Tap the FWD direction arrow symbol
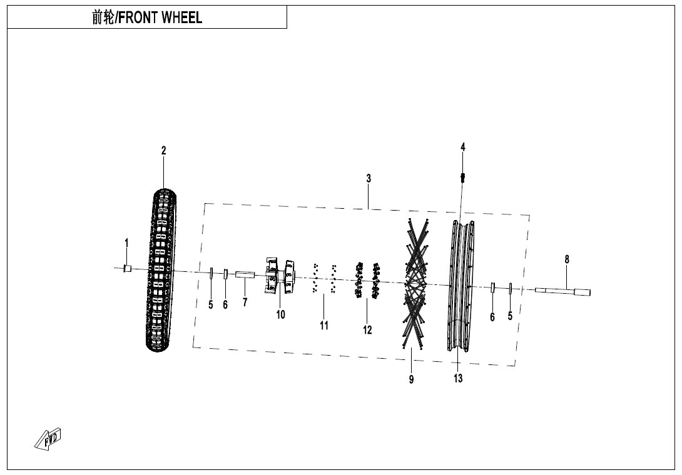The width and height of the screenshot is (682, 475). (48, 439)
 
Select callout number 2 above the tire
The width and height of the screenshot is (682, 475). (163, 151)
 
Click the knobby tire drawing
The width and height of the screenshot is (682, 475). (161, 270)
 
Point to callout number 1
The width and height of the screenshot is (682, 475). (126, 242)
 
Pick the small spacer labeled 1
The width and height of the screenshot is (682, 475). (128, 269)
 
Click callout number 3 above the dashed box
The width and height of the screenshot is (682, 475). (369, 178)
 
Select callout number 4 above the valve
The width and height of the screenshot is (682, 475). (463, 147)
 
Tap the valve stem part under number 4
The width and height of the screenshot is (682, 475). (462, 177)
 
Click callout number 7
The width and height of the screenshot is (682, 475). (245, 302)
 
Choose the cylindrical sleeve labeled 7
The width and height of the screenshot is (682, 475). (245, 274)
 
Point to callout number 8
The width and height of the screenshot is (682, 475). (567, 259)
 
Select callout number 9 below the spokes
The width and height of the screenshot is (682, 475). (412, 379)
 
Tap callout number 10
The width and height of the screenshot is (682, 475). (280, 314)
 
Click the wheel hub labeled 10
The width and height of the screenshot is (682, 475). (280, 276)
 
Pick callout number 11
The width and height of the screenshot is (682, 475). (323, 325)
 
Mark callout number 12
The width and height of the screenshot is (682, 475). (367, 330)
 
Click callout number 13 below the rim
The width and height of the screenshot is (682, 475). (458, 378)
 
